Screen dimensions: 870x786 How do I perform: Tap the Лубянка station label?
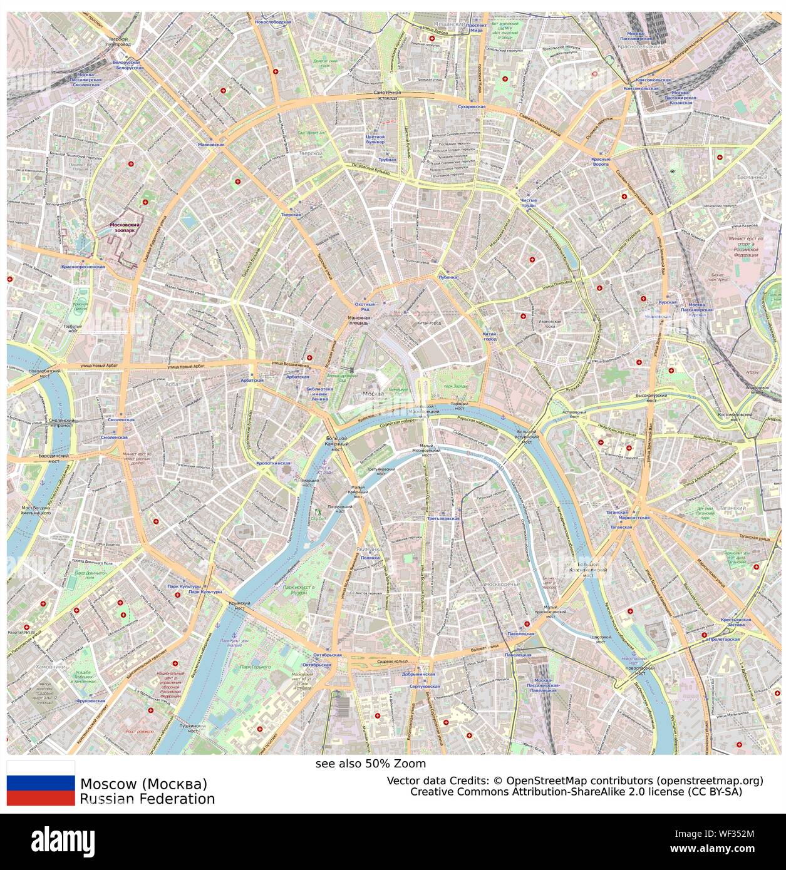pyautogui.click(x=448, y=277)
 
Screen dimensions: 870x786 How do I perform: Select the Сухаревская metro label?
pyautogui.click(x=472, y=107)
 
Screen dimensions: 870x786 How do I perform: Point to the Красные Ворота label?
pyautogui.click(x=600, y=161)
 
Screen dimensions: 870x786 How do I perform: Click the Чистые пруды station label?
pyautogui.click(x=528, y=202)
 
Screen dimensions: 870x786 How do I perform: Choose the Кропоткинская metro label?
pyautogui.click(x=274, y=463)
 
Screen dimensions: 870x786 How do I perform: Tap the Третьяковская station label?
pyautogui.click(x=443, y=519)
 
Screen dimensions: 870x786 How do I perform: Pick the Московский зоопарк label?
pyautogui.click(x=126, y=227)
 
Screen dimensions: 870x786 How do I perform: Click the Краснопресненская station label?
pyautogui.click(x=83, y=267)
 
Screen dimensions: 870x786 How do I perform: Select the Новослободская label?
pyautogui.click(x=273, y=22)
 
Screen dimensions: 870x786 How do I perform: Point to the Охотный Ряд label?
pyautogui.click(x=365, y=306)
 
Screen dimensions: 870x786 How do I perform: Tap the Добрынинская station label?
pyautogui.click(x=418, y=675)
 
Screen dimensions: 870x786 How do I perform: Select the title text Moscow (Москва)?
pyautogui.click(x=143, y=784)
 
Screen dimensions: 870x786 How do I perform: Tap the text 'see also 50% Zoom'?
pyautogui.click(x=370, y=764)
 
